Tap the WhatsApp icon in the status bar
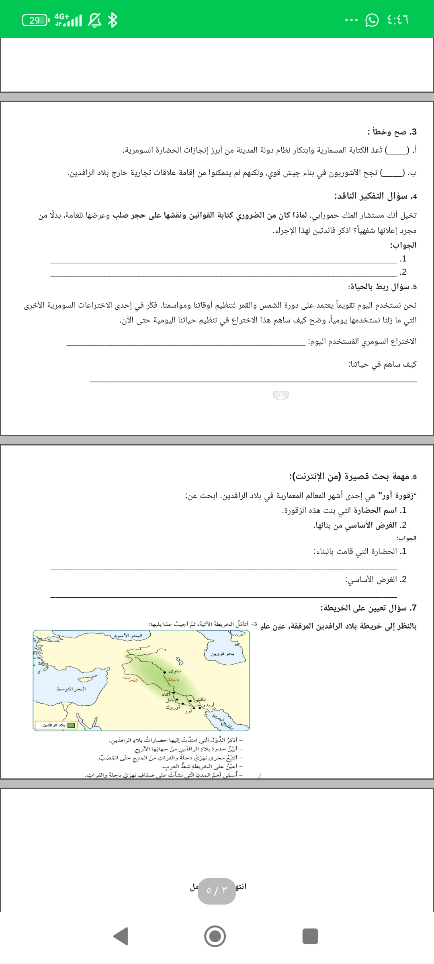click(x=372, y=20)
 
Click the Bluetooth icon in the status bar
click(x=113, y=20)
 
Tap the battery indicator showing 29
click(x=35, y=20)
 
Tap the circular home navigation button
click(x=215, y=936)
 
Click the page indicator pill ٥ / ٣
click(x=217, y=891)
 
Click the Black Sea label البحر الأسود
click(x=128, y=636)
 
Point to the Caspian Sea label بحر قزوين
click(x=222, y=654)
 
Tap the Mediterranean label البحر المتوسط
click(x=71, y=689)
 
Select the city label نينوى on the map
click(x=175, y=671)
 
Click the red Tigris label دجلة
click(x=173, y=680)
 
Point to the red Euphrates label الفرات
click(x=130, y=679)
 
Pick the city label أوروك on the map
click(x=172, y=707)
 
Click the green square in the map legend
click(x=71, y=725)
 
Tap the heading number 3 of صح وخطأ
click(x=414, y=132)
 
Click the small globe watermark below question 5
click(x=281, y=395)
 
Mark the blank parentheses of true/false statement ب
click(x=393, y=173)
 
